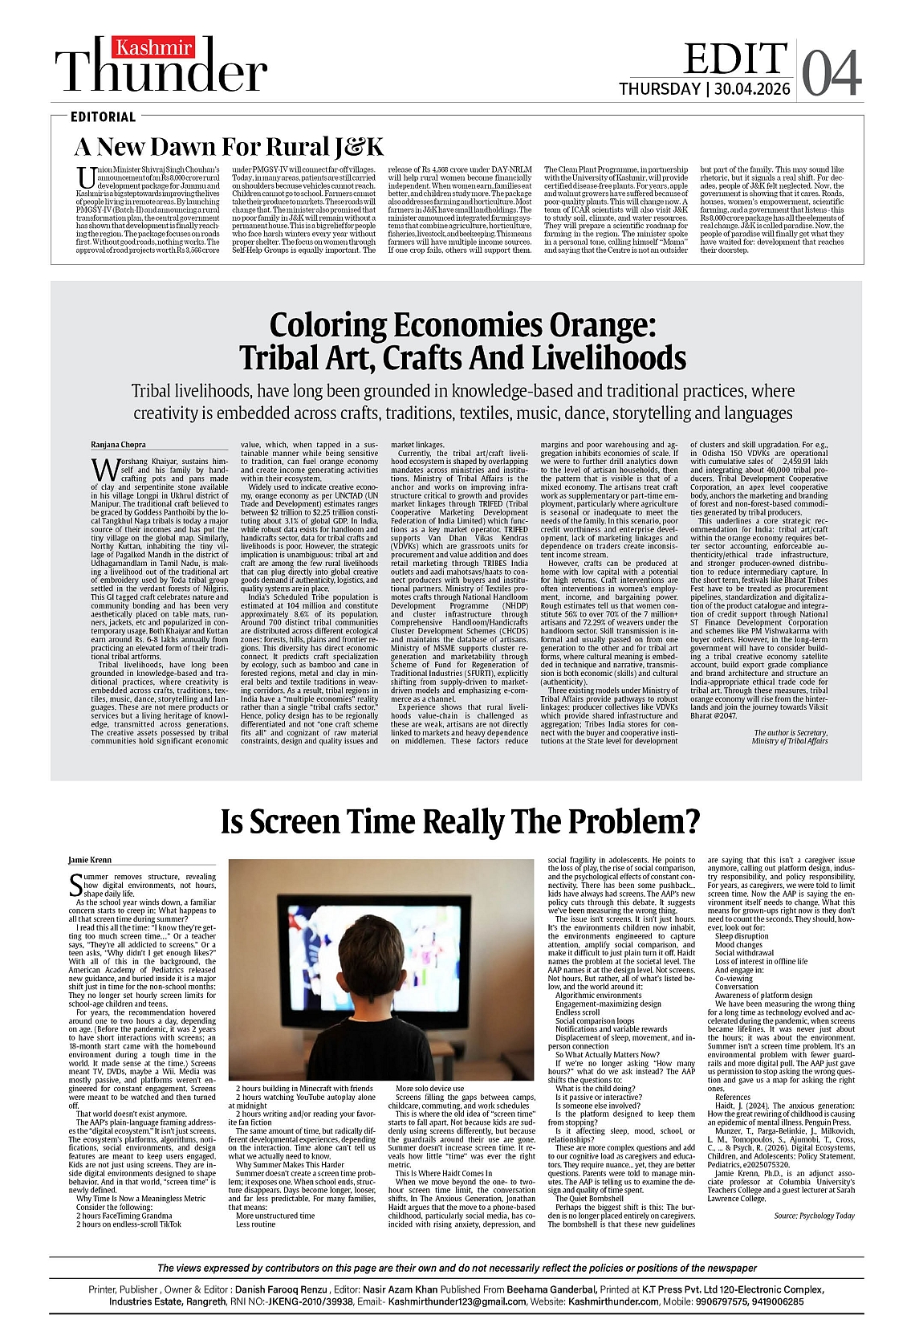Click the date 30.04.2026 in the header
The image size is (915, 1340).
[752, 89]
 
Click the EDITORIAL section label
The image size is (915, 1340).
[103, 116]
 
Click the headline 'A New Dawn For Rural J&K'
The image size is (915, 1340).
[229, 147]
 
